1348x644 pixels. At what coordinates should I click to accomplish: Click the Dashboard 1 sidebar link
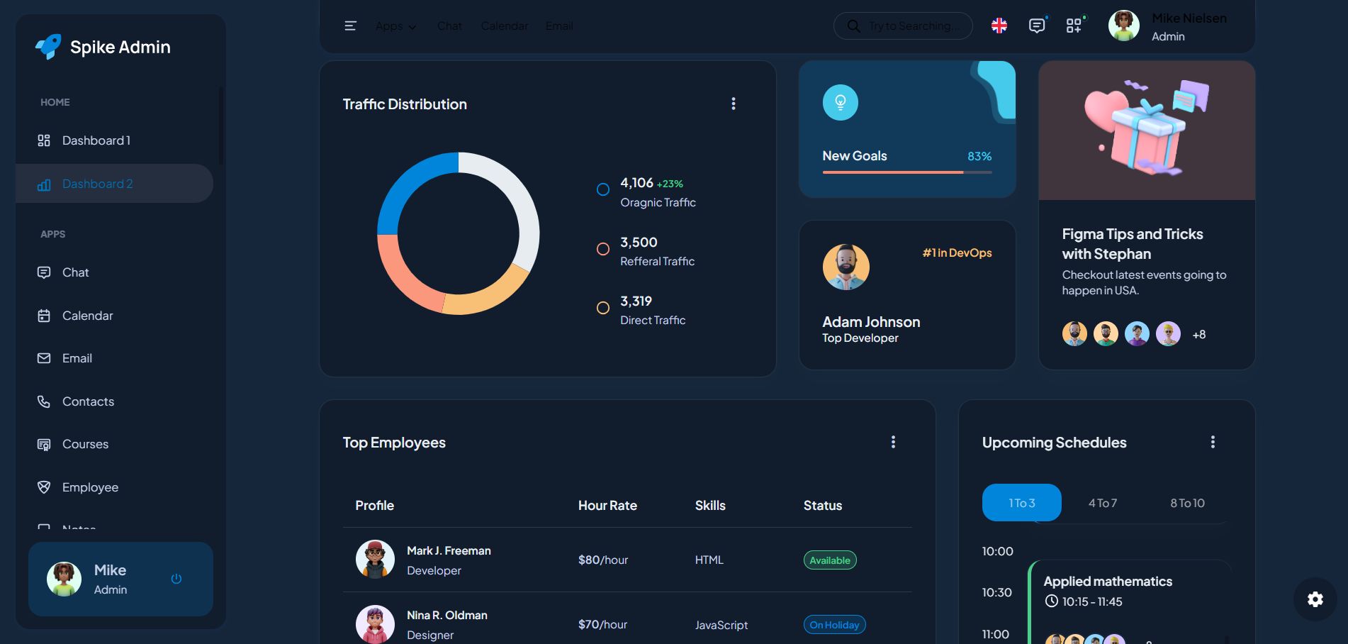pyautogui.click(x=96, y=140)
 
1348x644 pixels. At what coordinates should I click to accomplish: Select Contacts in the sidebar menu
pyautogui.click(x=88, y=401)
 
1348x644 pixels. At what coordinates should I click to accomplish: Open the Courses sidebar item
pyautogui.click(x=85, y=444)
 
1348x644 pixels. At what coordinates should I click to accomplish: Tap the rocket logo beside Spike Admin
pyautogui.click(x=48, y=47)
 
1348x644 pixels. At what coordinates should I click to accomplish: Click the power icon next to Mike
pyautogui.click(x=176, y=579)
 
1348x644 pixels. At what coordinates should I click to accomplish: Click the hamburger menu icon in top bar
pyautogui.click(x=350, y=26)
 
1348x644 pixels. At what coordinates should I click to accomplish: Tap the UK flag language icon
pyautogui.click(x=999, y=26)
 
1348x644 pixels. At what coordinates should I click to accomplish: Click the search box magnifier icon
pyautogui.click(x=854, y=26)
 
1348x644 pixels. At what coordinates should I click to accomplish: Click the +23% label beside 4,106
pyautogui.click(x=670, y=184)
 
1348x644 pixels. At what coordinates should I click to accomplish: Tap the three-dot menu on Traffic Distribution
pyautogui.click(x=734, y=104)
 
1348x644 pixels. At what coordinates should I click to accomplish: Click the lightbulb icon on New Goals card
pyautogui.click(x=841, y=103)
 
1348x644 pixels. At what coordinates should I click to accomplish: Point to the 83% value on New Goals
pyautogui.click(x=979, y=156)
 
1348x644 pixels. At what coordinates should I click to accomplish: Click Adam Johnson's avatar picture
pyautogui.click(x=846, y=267)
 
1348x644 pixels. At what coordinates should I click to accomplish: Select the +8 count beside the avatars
pyautogui.click(x=1199, y=335)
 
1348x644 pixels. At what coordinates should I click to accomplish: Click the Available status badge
pyautogui.click(x=830, y=560)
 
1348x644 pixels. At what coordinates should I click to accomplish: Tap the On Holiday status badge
pyautogui.click(x=834, y=625)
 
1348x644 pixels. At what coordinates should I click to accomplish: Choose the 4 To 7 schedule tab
pyautogui.click(x=1103, y=503)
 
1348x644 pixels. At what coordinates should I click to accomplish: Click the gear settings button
pyautogui.click(x=1315, y=599)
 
